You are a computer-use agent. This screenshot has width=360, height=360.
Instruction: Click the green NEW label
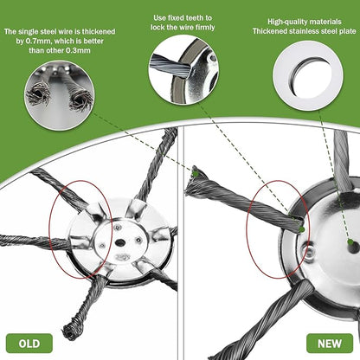[x=329, y=342]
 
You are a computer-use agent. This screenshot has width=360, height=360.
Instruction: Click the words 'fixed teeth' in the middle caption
[x=185, y=16]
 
